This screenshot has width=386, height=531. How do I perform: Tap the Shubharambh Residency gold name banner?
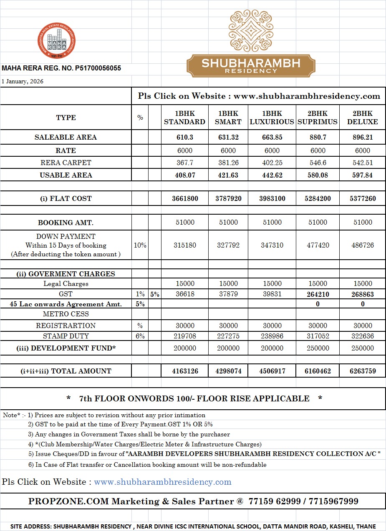click(x=250, y=66)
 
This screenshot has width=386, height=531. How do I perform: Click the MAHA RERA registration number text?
click(x=61, y=68)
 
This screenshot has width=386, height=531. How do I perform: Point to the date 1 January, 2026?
click(x=23, y=81)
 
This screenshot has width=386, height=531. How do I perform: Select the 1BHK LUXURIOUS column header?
click(x=272, y=118)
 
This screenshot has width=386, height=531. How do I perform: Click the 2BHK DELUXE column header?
click(x=362, y=118)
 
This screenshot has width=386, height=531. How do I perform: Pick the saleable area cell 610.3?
click(x=184, y=137)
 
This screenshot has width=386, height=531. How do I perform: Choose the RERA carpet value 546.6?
click(x=318, y=163)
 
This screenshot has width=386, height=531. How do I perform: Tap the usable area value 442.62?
click(x=272, y=175)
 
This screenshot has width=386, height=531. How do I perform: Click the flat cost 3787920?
click(x=228, y=198)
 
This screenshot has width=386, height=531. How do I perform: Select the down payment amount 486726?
click(x=362, y=245)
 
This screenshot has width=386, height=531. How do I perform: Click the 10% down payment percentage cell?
click(x=140, y=245)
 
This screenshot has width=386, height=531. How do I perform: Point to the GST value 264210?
click(x=318, y=294)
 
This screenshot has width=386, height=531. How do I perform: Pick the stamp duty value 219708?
click(x=184, y=336)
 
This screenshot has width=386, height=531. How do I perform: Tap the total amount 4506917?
click(x=272, y=371)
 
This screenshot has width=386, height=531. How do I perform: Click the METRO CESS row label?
click(x=66, y=314)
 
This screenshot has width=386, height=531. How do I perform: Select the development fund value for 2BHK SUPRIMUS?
click(x=318, y=348)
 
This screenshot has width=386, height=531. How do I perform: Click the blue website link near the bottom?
click(x=162, y=482)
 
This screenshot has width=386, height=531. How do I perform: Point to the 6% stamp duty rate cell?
click(x=140, y=336)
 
